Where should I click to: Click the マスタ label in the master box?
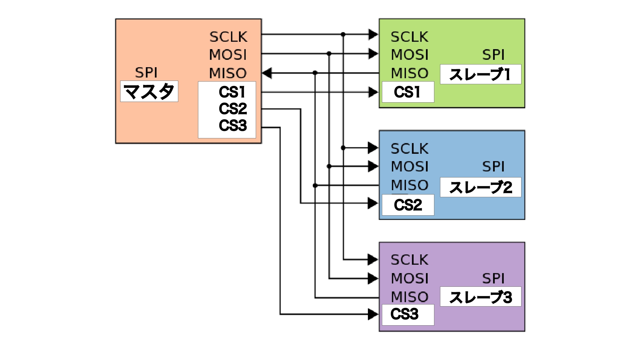click(149, 91)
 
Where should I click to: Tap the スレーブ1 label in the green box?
click(480, 74)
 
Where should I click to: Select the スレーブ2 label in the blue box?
click(480, 187)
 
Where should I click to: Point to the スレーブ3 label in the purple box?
click(480, 297)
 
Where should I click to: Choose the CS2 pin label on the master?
click(233, 109)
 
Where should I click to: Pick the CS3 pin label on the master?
click(233, 126)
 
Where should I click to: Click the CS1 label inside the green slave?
click(407, 92)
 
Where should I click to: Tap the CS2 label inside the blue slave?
click(408, 205)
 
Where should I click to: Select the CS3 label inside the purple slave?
click(404, 314)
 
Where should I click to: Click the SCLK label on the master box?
click(228, 37)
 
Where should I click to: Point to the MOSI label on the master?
click(228, 54)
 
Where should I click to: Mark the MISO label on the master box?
click(228, 73)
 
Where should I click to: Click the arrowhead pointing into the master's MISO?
click(267, 73)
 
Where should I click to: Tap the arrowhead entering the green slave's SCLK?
click(373, 34)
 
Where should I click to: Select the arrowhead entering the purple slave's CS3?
click(373, 314)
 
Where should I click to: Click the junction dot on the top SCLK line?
click(343, 34)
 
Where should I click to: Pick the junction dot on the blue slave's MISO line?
click(315, 185)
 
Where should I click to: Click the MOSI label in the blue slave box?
click(410, 166)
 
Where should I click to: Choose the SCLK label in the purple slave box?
click(409, 260)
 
